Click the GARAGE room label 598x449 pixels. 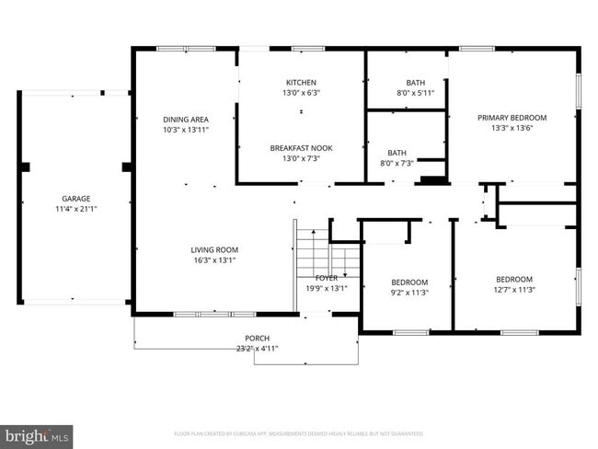75,199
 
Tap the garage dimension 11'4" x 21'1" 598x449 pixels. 75,209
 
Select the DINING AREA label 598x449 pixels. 185,120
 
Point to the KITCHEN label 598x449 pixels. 301,82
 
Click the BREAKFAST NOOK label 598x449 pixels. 301,147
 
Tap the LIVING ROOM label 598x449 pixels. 214,249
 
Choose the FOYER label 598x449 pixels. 327,278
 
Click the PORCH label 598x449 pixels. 257,338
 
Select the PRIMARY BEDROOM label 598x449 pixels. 512,118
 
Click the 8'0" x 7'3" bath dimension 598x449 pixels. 397,163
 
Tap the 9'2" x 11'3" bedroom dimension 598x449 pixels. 409,293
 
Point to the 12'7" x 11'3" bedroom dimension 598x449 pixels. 514,290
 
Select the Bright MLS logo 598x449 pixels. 37,433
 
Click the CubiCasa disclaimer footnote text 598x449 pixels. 299,433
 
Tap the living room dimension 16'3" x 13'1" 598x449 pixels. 214,259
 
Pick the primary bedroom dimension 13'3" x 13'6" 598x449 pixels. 512,128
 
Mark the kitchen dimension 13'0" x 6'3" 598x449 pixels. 301,92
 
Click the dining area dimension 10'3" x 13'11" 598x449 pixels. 185,130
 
